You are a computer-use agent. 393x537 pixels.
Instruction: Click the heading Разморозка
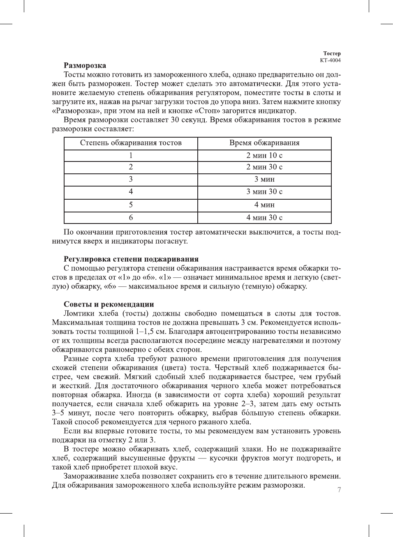coord(85,65)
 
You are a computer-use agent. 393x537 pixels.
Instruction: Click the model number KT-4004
coord(330,60)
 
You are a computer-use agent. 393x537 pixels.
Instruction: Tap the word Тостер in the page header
coord(332,53)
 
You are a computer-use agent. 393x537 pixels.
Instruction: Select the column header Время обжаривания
coord(264,143)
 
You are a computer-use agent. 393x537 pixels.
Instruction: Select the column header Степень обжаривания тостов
coord(131,143)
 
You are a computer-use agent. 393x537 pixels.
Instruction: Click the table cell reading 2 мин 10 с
coord(264,155)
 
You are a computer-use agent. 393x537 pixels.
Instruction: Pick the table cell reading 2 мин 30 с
coord(264,167)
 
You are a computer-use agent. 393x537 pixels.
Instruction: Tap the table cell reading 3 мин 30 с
coord(264,191)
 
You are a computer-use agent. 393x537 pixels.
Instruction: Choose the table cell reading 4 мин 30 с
coord(264,217)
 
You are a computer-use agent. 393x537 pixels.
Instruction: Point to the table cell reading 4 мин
coord(264,205)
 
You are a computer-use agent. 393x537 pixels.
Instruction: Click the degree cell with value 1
coord(131,155)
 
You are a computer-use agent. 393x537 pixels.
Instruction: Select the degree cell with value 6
coord(131,217)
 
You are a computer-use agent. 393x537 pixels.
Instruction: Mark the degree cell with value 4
coord(131,191)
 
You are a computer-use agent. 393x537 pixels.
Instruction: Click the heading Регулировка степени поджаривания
coord(131,259)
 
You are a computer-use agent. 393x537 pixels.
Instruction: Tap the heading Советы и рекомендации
coord(109,304)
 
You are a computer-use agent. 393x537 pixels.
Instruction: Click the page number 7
coord(339,490)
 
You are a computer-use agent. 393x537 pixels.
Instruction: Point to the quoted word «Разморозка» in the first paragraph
coord(73,111)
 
